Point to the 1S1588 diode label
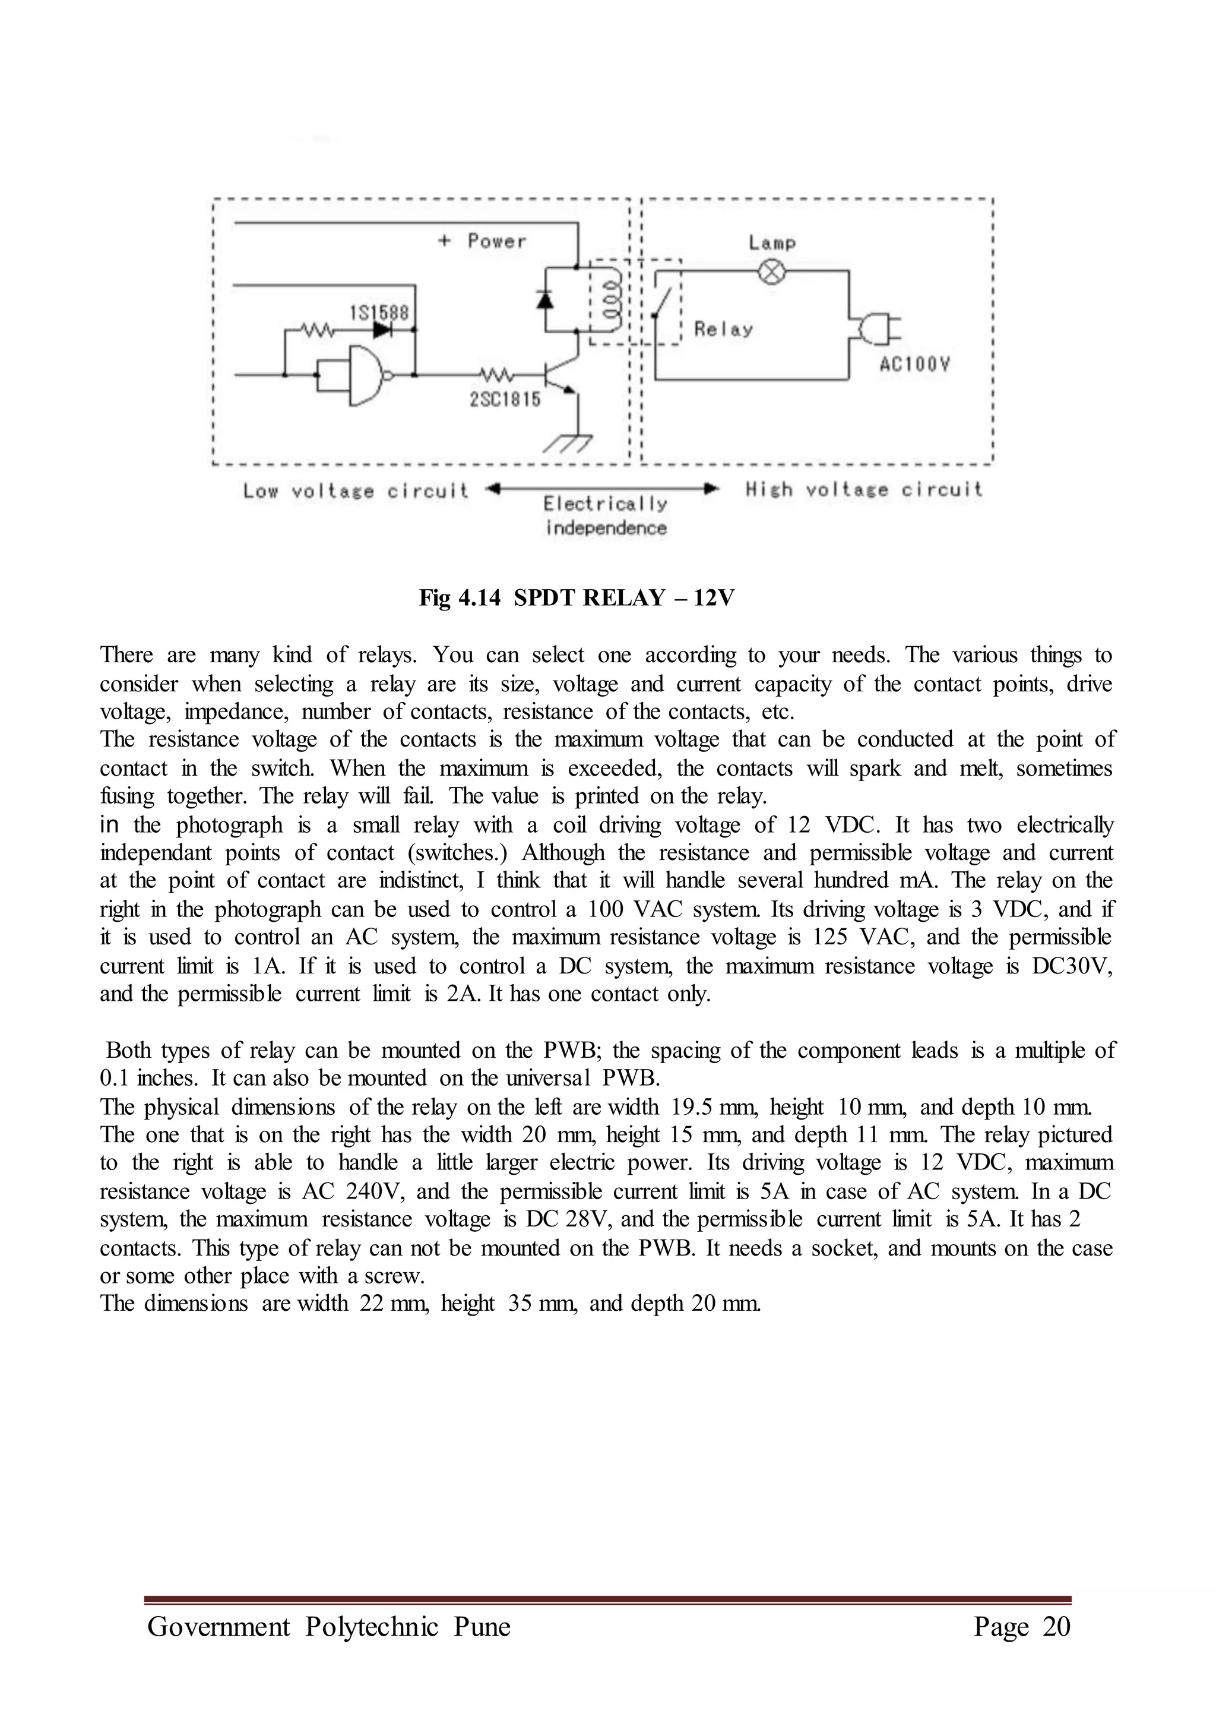point(379,312)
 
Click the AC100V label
point(914,365)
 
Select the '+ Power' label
point(482,241)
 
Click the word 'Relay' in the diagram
point(723,330)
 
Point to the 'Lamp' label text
point(772,243)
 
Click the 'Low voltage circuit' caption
point(356,491)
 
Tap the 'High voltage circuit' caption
point(863,490)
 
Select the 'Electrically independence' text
point(606,516)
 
